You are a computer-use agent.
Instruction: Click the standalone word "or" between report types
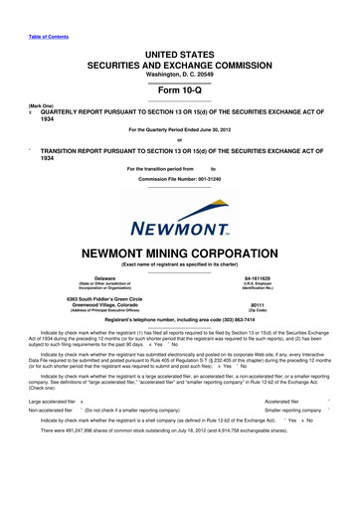tap(179, 138)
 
